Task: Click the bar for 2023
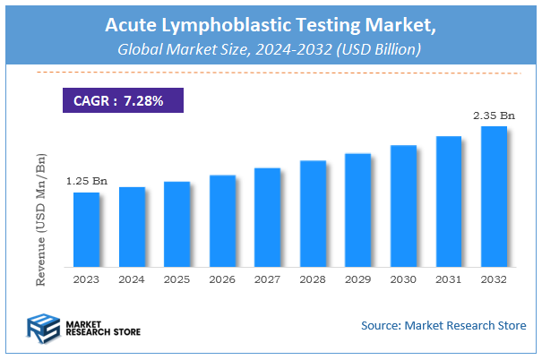[87, 229]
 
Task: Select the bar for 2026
[222, 221]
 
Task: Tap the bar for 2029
[357, 210]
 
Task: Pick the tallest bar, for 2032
[494, 197]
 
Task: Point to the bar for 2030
[403, 206]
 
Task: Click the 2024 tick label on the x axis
[132, 279]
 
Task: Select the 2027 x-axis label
[267, 279]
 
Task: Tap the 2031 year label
[448, 279]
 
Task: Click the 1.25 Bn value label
[87, 182]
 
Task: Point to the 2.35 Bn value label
[494, 116]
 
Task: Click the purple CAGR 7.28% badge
[122, 100]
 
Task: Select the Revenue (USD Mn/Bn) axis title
[41, 219]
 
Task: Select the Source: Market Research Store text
[443, 325]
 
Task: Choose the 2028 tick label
[313, 279]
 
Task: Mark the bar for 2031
[448, 201]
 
